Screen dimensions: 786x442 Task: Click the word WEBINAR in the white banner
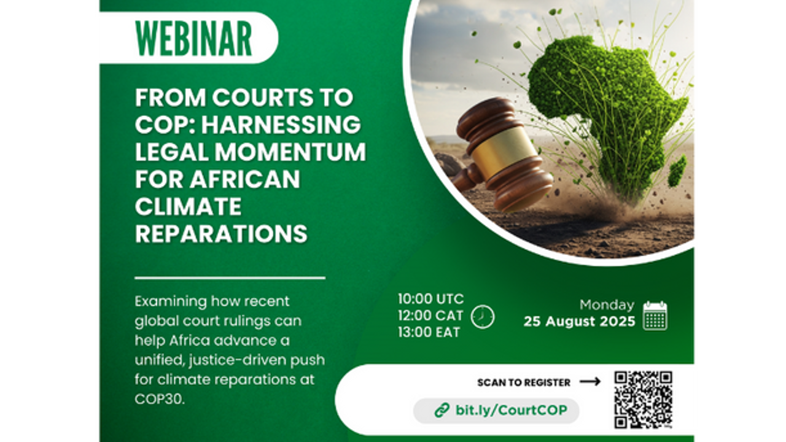(x=193, y=39)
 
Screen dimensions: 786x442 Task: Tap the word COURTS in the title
(x=263, y=97)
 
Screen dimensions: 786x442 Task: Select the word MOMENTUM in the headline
(x=290, y=152)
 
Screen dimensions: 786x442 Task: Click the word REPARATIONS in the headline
(x=222, y=234)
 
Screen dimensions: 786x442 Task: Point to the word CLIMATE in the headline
(x=189, y=207)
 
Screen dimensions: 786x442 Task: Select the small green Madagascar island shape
(x=677, y=171)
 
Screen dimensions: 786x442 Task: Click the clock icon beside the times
(x=483, y=317)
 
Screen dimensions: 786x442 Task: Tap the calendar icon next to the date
(x=655, y=316)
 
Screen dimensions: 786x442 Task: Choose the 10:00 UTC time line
(x=431, y=299)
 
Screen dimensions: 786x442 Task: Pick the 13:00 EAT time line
(x=429, y=332)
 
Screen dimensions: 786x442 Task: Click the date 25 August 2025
(x=579, y=321)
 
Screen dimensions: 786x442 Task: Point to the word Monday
(x=607, y=305)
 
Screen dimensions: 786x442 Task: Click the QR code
(x=643, y=400)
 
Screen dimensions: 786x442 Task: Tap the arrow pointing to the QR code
(x=590, y=382)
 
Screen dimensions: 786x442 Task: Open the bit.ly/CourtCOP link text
(x=512, y=409)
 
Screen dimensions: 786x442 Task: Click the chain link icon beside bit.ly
(x=442, y=410)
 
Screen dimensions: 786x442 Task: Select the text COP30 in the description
(x=160, y=399)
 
